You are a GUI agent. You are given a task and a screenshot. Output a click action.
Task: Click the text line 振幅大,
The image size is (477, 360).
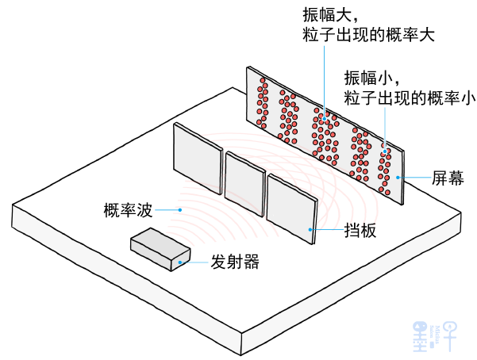tap(324, 15)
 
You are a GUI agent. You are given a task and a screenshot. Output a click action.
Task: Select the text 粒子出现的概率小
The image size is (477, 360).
tap(410, 98)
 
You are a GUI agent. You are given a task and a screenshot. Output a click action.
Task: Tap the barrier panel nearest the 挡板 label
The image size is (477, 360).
tap(291, 206)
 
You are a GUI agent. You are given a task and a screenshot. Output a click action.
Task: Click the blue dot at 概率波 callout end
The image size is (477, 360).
tap(180, 210)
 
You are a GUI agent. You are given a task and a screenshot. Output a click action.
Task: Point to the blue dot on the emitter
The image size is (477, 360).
tap(181, 262)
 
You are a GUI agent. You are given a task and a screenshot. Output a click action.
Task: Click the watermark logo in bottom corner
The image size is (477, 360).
tap(436, 334)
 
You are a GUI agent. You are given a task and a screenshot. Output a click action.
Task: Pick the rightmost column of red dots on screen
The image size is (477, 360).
tap(385, 167)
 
